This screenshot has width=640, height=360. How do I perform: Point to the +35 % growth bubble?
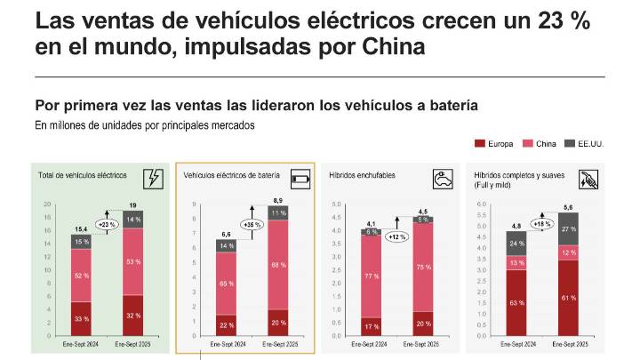tap(252, 225)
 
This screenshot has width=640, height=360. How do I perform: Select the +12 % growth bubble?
tap(397, 236)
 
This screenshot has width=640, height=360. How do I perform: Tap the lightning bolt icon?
tap(153, 178)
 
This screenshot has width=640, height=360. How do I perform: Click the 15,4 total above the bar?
tap(82, 228)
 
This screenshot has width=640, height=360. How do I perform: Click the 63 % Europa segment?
tap(516, 303)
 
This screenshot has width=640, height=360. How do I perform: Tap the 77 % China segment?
tap(372, 276)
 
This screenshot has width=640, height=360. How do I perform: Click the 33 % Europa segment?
tap(82, 319)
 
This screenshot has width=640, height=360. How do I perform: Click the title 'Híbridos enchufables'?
tap(362, 176)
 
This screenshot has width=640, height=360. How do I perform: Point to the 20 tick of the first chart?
tap(48, 204)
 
